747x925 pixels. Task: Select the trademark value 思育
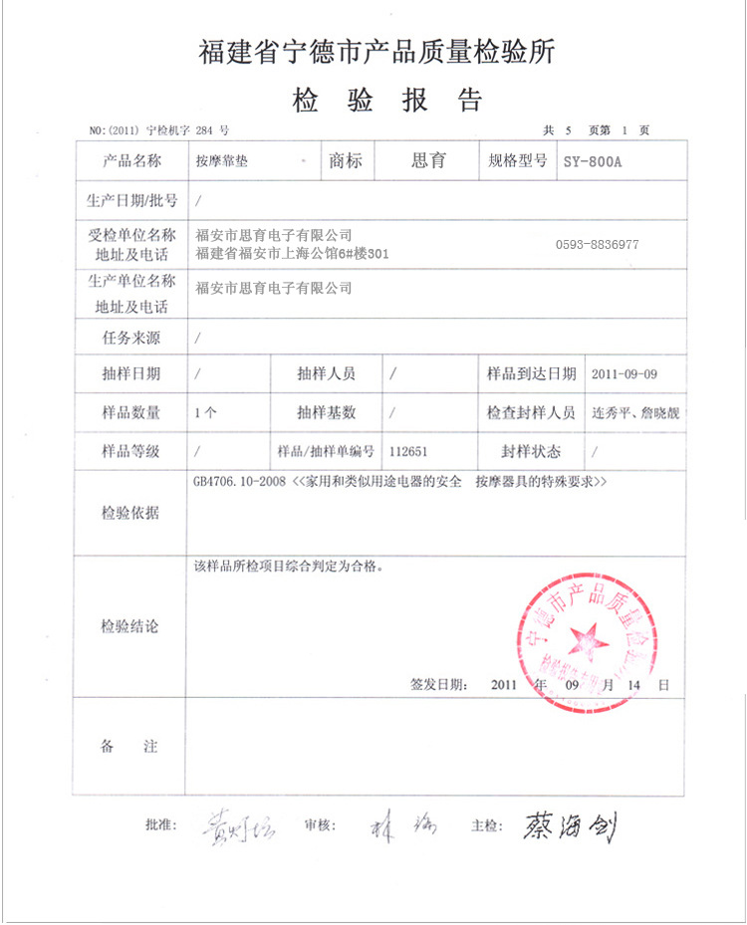click(x=428, y=160)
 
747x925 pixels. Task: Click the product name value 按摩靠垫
click(x=222, y=161)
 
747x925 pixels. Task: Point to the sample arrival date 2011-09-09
click(x=624, y=375)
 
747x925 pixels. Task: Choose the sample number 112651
click(x=409, y=451)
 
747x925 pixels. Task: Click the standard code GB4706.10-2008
click(x=239, y=482)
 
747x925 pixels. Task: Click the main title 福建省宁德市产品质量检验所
click(x=376, y=52)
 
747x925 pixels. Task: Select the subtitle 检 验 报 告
click(x=386, y=100)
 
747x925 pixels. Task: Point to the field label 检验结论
click(x=129, y=627)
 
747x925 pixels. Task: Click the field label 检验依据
click(x=129, y=514)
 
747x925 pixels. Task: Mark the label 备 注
click(x=129, y=747)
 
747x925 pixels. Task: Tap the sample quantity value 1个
click(x=207, y=413)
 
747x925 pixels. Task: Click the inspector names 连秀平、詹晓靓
click(x=635, y=413)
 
